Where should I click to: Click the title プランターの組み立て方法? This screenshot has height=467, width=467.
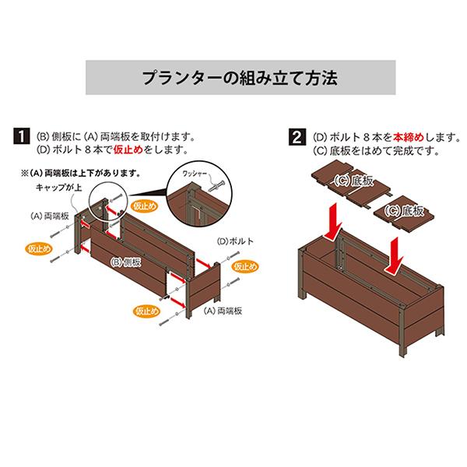[x=240, y=78]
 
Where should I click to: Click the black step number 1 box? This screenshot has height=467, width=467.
[x=22, y=137]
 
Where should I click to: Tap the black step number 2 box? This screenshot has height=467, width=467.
[x=297, y=137]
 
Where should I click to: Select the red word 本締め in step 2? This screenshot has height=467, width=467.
[x=409, y=137]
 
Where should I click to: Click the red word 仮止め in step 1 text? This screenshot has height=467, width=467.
[x=128, y=149]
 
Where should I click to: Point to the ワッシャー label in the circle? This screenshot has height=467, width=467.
[x=195, y=174]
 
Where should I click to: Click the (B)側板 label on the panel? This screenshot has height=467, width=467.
[x=125, y=262]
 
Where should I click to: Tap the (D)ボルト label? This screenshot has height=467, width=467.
[x=235, y=241]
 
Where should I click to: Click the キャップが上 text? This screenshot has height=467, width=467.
[x=58, y=188]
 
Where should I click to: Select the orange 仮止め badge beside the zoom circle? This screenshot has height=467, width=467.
[x=145, y=206]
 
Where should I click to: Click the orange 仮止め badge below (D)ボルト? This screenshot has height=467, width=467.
[x=245, y=266]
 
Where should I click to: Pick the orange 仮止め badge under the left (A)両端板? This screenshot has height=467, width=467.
[x=39, y=249]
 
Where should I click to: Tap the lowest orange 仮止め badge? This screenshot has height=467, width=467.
[x=146, y=311]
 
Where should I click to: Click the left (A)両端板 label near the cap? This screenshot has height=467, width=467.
[x=50, y=216]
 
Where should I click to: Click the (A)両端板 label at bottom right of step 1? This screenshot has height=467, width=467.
[x=223, y=311]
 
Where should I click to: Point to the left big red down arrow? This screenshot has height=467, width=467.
[x=334, y=222]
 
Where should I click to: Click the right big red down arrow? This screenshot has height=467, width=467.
[x=394, y=255]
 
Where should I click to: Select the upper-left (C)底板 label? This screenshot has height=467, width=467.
[x=353, y=181]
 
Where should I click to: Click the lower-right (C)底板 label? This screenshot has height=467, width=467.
[x=403, y=211]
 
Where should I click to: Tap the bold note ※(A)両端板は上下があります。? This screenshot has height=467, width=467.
[x=80, y=174]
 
